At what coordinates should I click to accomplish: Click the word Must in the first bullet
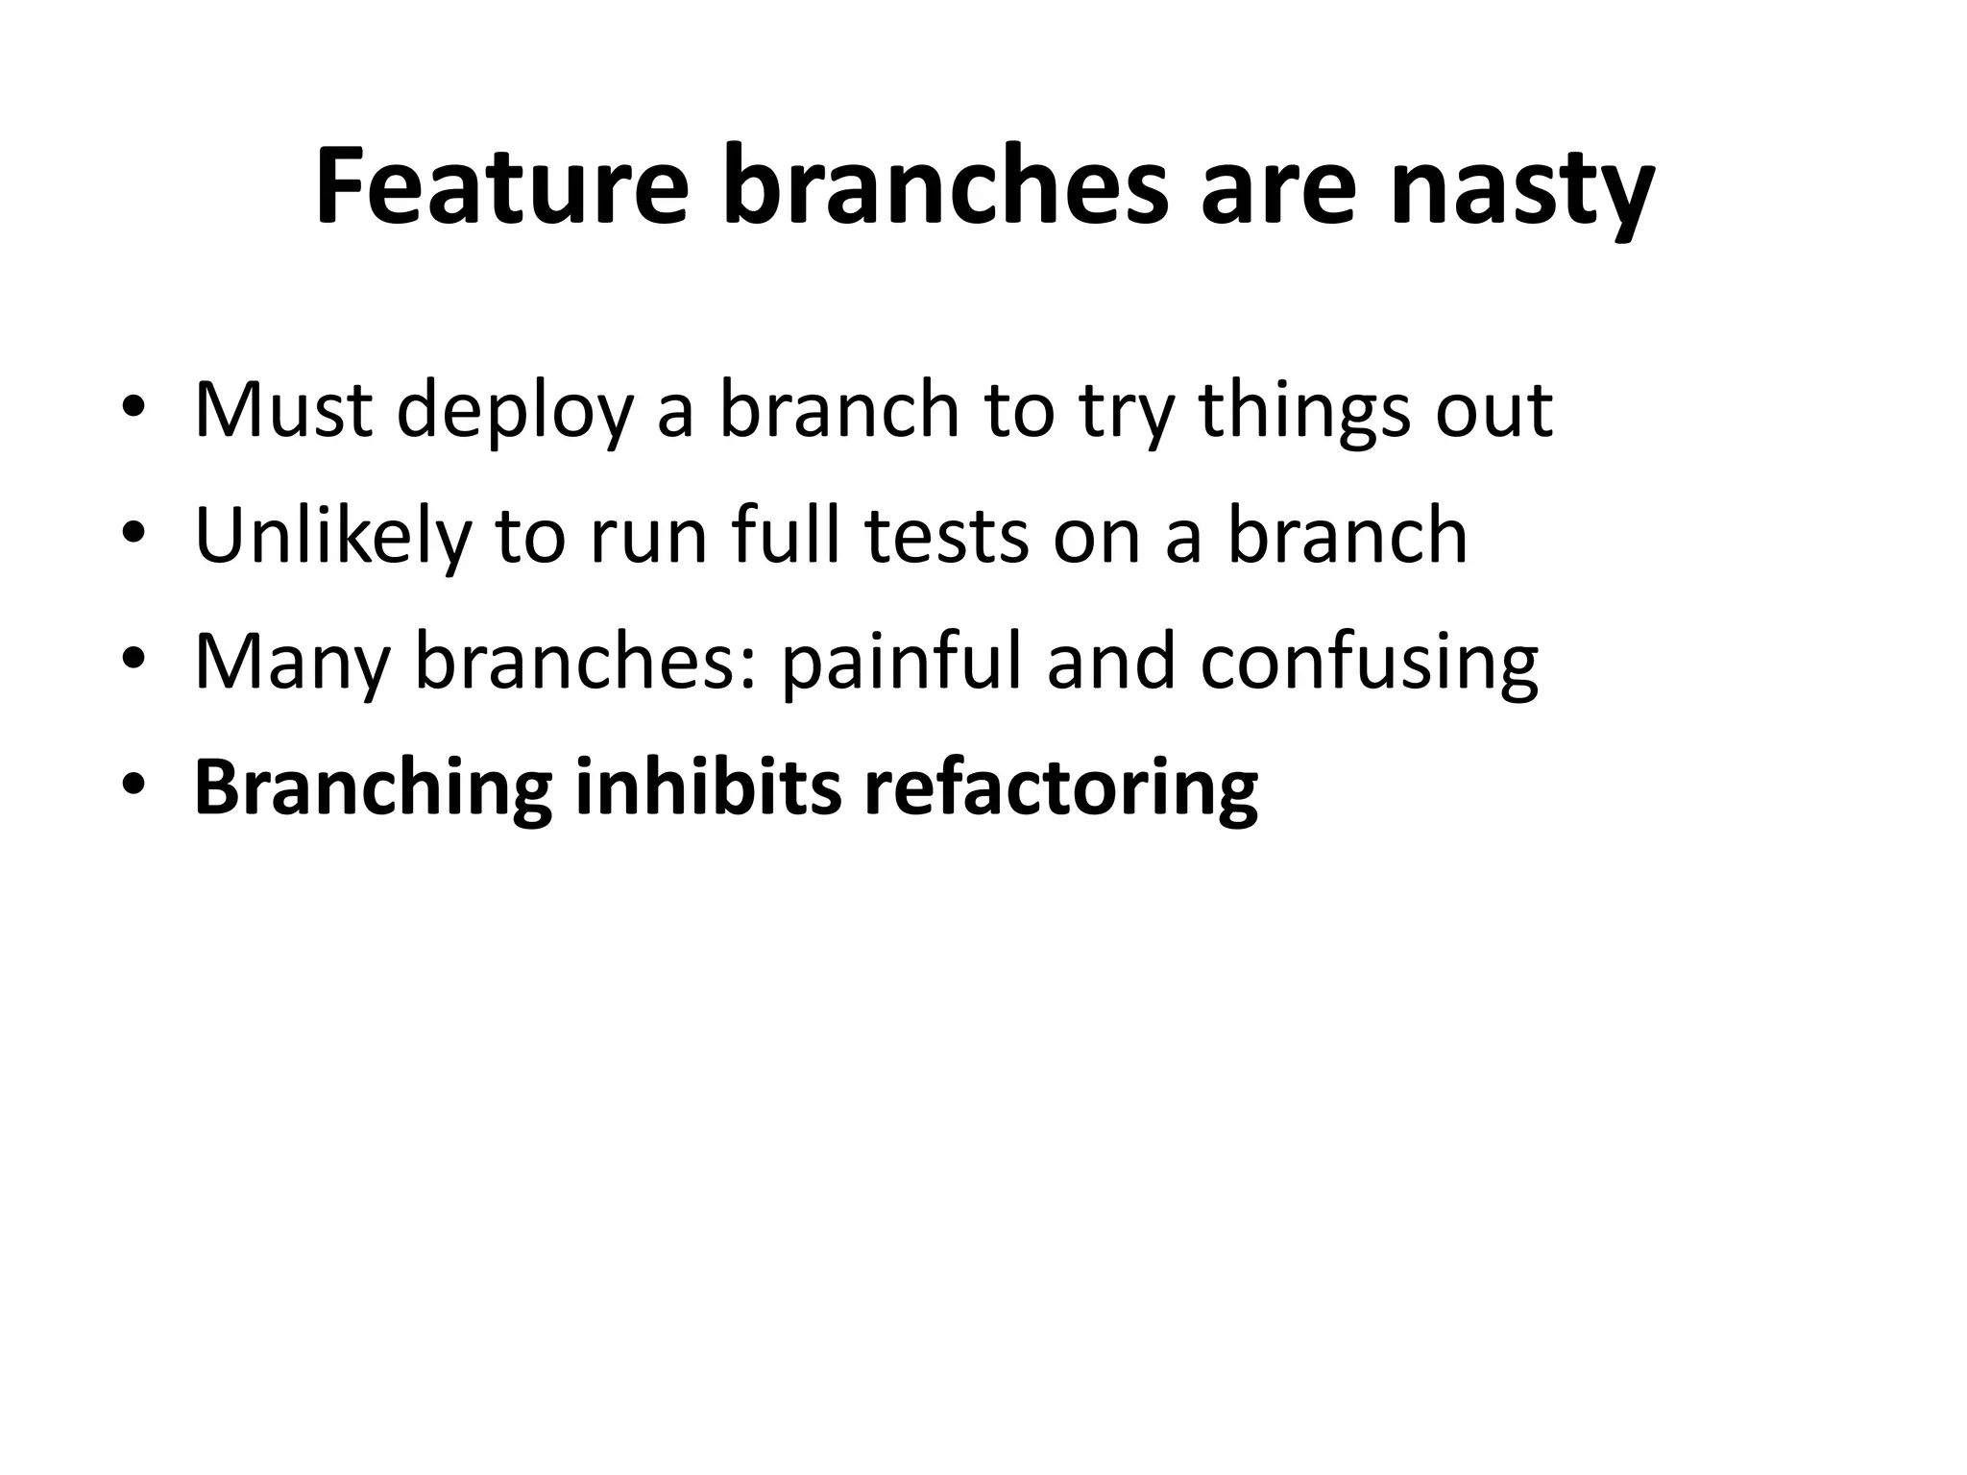point(283,410)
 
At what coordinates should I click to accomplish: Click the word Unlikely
point(332,536)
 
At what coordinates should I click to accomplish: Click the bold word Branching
point(373,789)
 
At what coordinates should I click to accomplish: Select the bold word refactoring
point(1060,789)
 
